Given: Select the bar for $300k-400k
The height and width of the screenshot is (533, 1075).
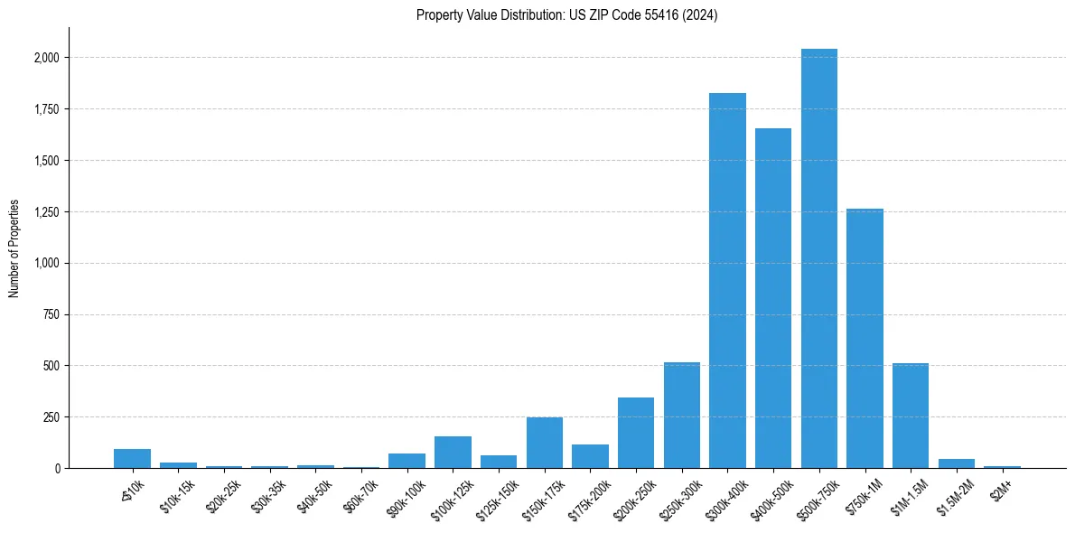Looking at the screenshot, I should click(x=727, y=280).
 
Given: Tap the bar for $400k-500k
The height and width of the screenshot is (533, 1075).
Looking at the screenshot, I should click(x=773, y=298).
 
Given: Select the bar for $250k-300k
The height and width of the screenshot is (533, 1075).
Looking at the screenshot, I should click(x=682, y=416).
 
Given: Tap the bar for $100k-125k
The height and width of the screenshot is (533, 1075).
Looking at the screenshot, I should click(x=453, y=453).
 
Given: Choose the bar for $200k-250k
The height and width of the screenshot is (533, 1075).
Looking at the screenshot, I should click(x=636, y=433).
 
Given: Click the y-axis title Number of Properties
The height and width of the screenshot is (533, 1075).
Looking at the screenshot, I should click(x=14, y=248).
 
